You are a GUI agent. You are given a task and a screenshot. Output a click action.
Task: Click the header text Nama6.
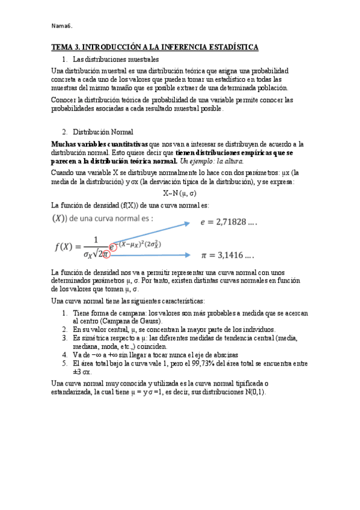[62, 25]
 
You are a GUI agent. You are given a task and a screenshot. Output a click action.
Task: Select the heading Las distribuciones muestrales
[115, 59]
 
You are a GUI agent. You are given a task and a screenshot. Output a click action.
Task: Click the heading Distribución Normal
[103, 132]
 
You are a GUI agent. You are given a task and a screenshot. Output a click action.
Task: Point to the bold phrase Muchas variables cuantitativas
[99, 144]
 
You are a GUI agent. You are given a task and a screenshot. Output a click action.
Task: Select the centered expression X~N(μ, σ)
[180, 192]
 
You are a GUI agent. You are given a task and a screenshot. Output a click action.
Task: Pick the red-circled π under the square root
[105, 254]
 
